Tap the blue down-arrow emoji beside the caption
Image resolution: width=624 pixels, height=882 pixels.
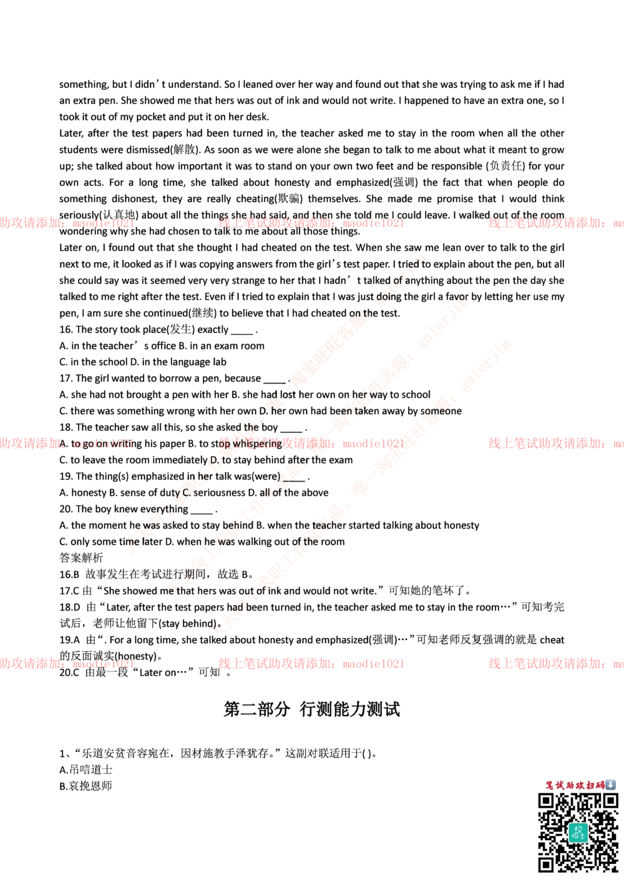point(610,785)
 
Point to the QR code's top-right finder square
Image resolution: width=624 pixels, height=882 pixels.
point(610,802)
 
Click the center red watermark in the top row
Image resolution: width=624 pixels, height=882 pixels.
point(311,223)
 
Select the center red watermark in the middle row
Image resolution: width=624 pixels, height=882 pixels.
point(311,443)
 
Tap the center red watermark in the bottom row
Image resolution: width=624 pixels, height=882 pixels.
point(311,664)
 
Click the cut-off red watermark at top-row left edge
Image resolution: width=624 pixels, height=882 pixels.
point(66,223)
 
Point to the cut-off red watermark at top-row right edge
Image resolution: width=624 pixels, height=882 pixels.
point(555,223)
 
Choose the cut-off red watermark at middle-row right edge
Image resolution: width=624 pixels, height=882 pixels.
point(555,443)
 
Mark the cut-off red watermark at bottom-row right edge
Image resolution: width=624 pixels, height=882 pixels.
point(555,664)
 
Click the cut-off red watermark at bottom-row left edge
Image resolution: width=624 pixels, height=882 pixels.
point(66,664)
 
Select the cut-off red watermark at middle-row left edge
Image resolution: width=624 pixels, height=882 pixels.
point(66,443)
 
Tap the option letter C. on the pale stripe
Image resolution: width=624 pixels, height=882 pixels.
point(185,492)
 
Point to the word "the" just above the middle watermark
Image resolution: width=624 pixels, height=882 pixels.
point(253,427)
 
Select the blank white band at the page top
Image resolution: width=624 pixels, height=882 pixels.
point(312,52)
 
